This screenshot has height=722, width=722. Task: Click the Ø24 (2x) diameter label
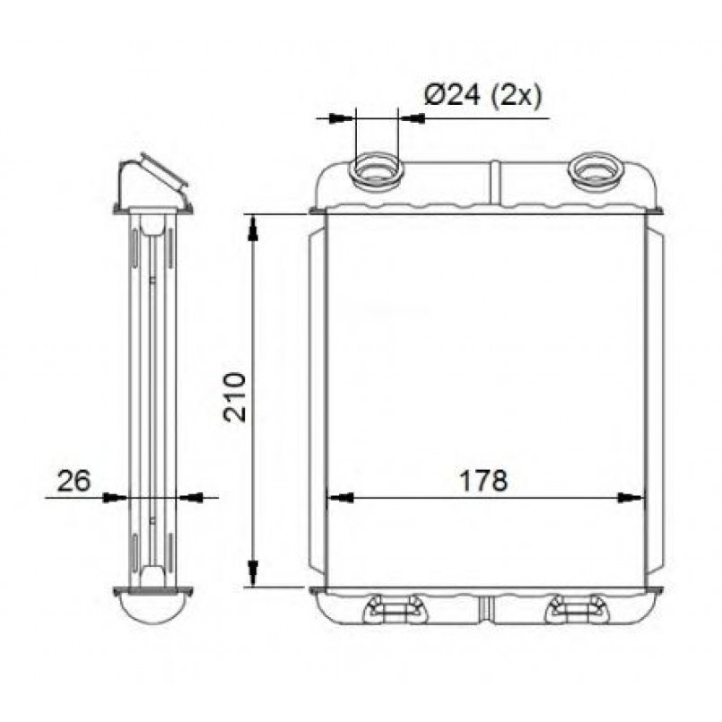pyautogui.click(x=483, y=96)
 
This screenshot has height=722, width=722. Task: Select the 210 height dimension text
pyautogui.click(x=235, y=397)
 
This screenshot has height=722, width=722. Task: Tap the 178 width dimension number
pyautogui.click(x=483, y=480)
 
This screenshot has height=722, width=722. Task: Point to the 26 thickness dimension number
pyautogui.click(x=74, y=481)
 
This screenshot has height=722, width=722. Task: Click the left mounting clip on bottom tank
pyautogui.click(x=395, y=609)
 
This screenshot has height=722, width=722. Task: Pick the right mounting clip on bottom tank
pyautogui.click(x=576, y=609)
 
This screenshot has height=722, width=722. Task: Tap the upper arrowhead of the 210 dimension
pyautogui.click(x=253, y=229)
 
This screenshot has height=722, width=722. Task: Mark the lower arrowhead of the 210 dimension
pyautogui.click(x=253, y=572)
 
